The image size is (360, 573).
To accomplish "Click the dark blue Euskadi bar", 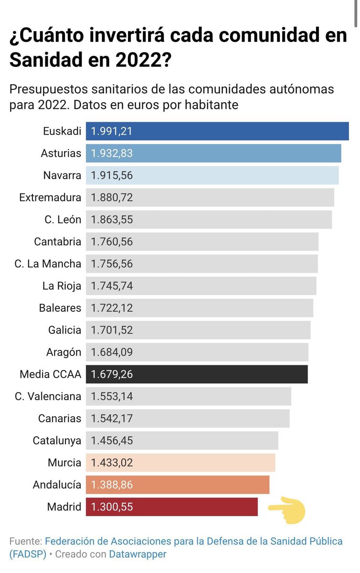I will [217, 131].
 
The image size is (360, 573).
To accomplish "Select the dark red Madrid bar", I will [172, 507].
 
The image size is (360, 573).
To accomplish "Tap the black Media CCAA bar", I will [197, 374].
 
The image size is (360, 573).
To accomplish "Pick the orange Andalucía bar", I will [178, 485].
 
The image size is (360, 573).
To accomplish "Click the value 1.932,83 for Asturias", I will [112, 154].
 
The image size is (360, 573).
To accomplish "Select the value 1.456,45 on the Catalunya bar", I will [112, 441].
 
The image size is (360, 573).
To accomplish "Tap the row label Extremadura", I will [50, 197].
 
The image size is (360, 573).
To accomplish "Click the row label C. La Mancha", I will [48, 264].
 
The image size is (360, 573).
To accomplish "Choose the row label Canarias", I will [60, 419].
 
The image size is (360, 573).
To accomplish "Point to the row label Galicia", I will [64, 330].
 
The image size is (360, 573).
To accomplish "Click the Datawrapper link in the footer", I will [138, 554].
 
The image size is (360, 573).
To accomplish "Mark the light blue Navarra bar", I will [212, 176].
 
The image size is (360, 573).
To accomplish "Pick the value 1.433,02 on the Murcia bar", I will [112, 463].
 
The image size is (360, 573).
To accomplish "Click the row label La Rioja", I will [62, 286].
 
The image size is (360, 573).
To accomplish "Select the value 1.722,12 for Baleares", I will [112, 308].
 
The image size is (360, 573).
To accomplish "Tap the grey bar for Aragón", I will [197, 352].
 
